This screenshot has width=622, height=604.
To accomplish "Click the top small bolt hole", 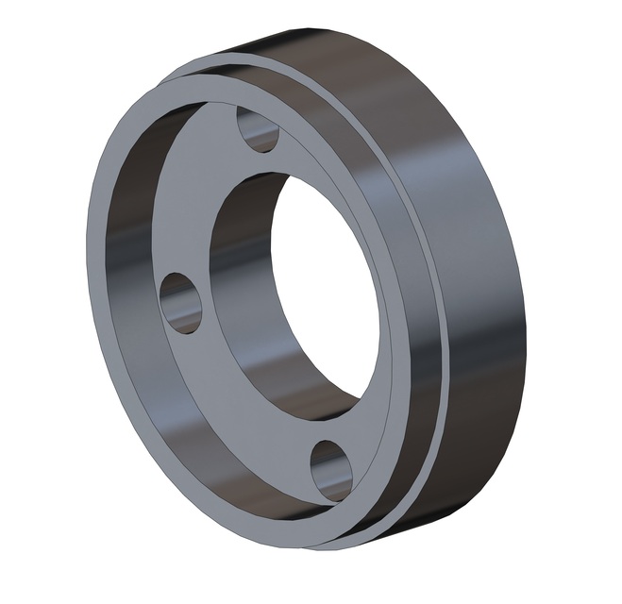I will (258, 130).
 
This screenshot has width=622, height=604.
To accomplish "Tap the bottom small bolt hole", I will (331, 469).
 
